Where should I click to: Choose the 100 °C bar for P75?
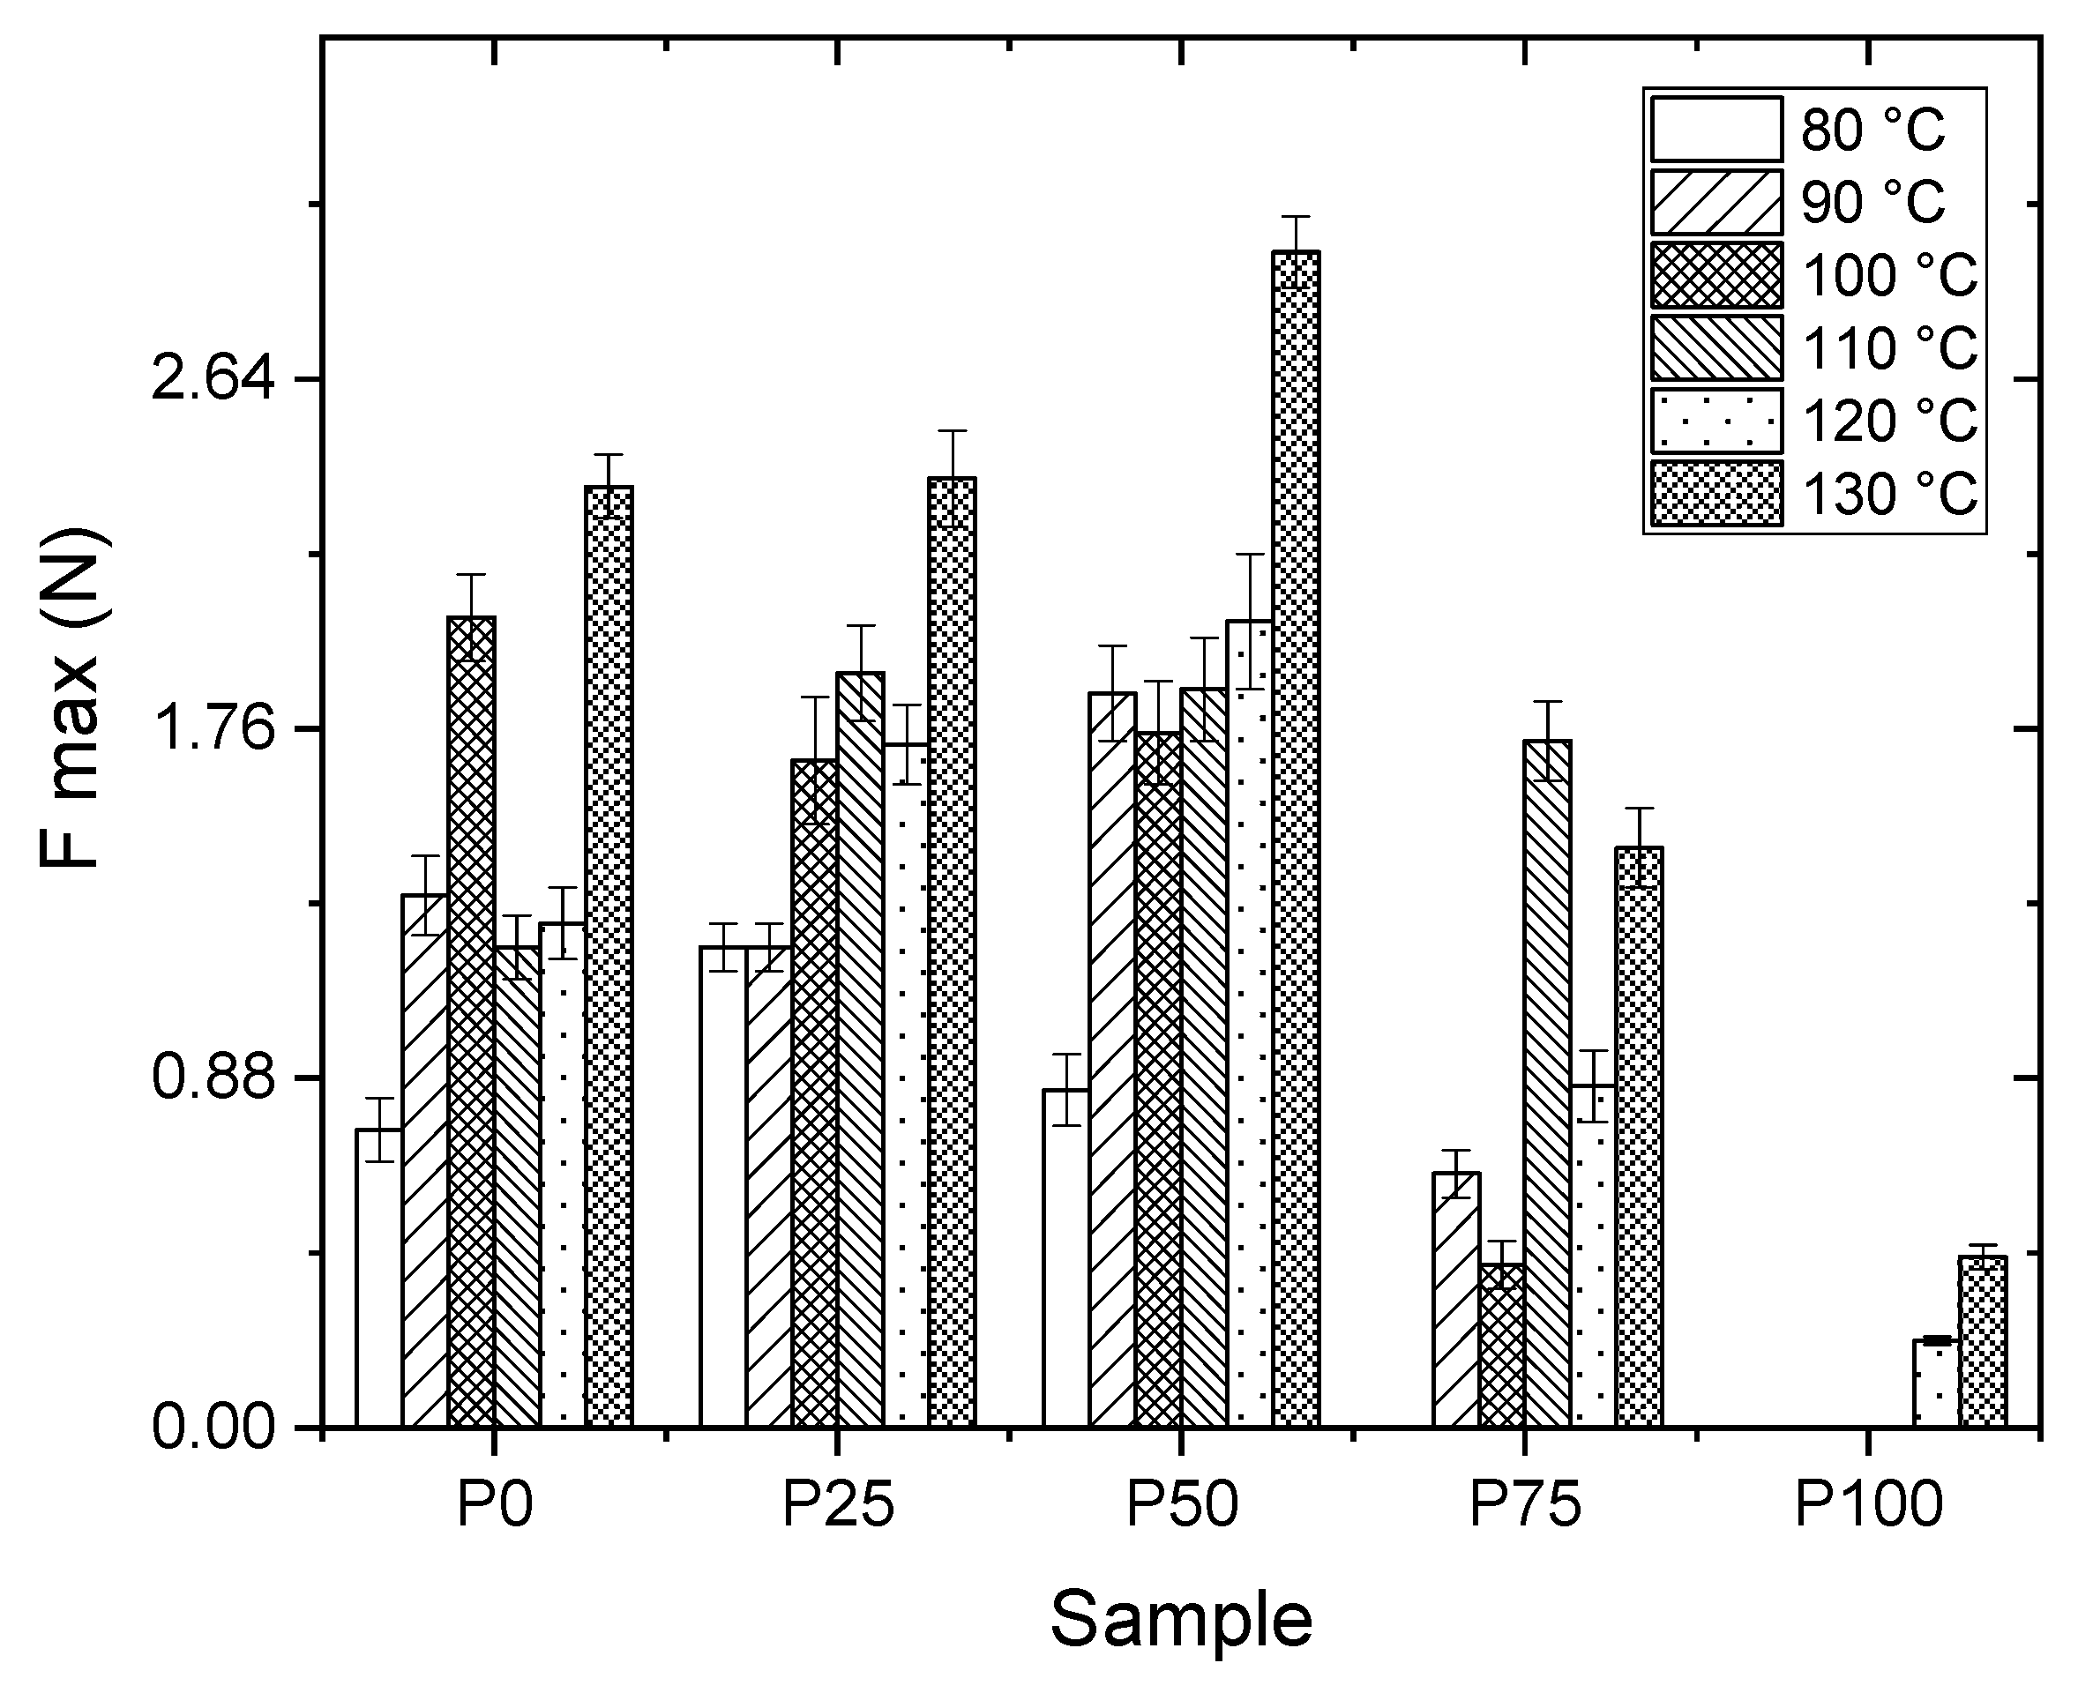coord(1501,1346)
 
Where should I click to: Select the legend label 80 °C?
coord(1872,131)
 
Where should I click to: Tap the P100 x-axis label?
coord(1868,1506)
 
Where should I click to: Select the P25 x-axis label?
coord(838,1506)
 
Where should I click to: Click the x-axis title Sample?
coord(1181,1620)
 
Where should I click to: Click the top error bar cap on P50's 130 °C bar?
coord(1296,217)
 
